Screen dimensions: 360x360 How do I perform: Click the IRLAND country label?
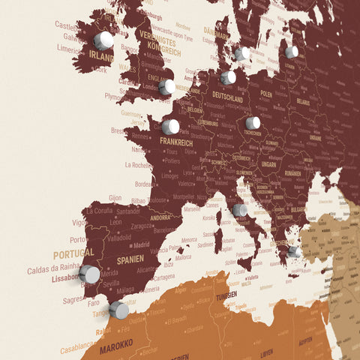[x=101, y=57]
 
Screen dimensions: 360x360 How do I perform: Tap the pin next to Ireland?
[x=103, y=40]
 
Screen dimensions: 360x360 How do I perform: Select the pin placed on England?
[x=167, y=87]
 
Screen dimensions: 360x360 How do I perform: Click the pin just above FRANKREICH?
[x=171, y=127]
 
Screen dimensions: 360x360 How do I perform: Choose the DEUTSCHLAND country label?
[x=227, y=98]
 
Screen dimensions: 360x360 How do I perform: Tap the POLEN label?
[x=266, y=95]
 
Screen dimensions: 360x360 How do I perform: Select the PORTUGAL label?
[x=73, y=253]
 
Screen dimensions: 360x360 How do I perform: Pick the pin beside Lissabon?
[x=89, y=274]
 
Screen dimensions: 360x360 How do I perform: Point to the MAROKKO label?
[x=116, y=343]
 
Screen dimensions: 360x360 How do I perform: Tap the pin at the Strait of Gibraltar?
[x=118, y=310]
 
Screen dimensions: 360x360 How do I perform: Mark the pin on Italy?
[x=240, y=210]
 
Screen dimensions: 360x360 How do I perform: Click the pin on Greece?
[x=294, y=252]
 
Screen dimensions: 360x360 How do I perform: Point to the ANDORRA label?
[x=160, y=217]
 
